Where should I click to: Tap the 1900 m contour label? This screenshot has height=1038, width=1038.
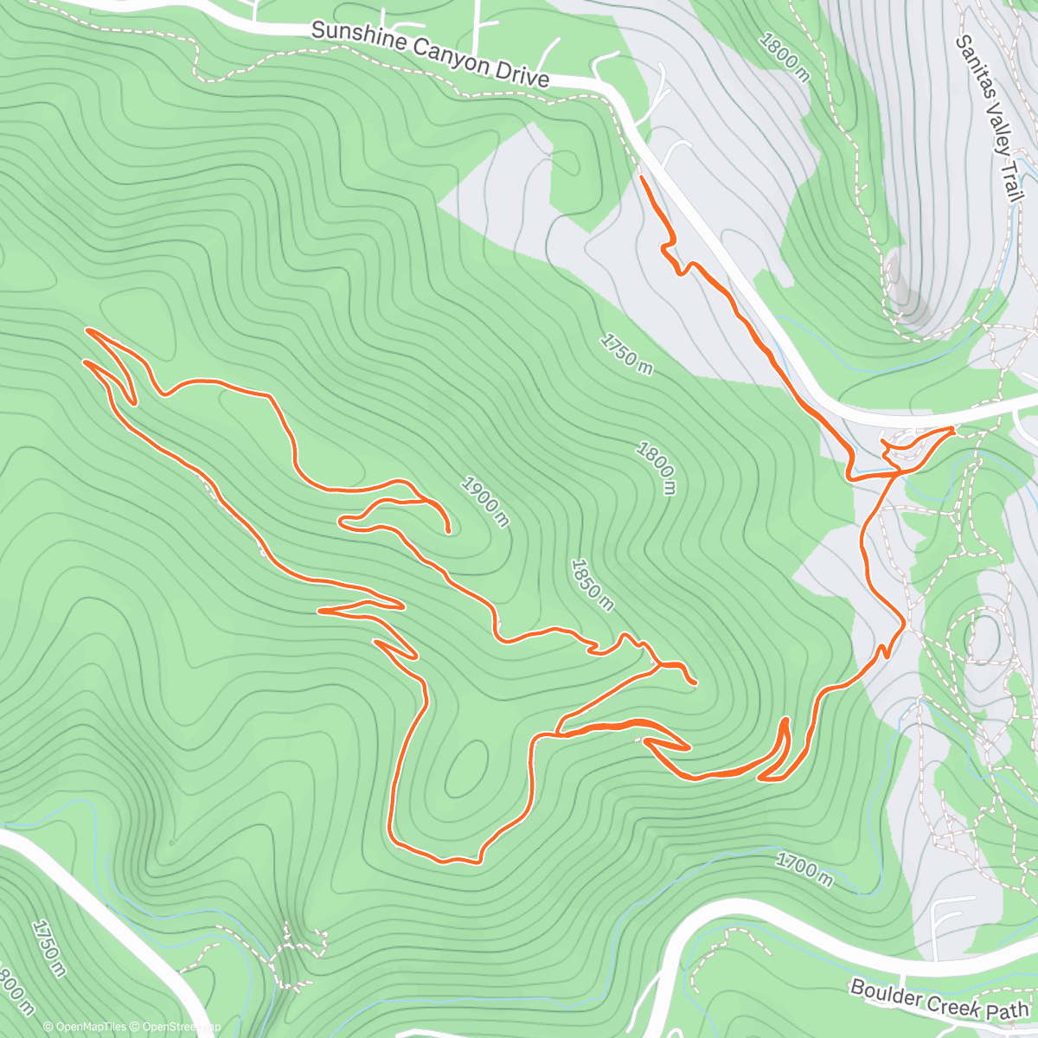click(x=484, y=501)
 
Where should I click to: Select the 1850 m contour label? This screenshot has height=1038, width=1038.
click(x=593, y=585)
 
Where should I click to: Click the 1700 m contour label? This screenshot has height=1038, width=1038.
click(x=804, y=869)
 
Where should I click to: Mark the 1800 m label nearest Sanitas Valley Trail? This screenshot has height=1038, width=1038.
click(x=784, y=57)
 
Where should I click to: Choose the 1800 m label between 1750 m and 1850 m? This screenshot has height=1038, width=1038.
click(x=656, y=468)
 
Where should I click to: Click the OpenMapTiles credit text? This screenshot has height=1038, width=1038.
click(x=85, y=1028)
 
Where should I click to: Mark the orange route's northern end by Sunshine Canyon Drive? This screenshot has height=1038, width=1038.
click(x=641, y=176)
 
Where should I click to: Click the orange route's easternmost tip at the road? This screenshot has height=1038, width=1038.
click(x=952, y=428)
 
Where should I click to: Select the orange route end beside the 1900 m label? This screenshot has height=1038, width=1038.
click(x=447, y=531)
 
